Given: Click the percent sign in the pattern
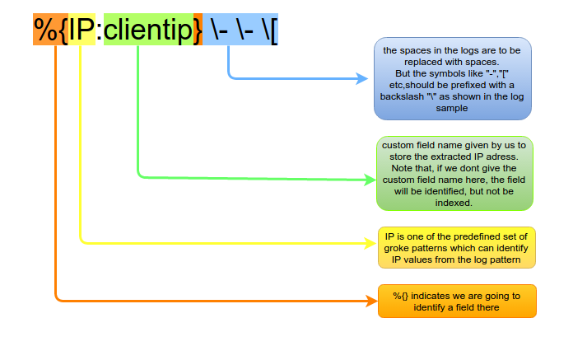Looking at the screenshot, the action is [x=45, y=30].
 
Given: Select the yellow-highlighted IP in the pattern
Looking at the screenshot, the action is [x=82, y=29].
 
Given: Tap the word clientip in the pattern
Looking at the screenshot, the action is [x=148, y=29].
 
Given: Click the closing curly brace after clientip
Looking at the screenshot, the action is [x=198, y=30].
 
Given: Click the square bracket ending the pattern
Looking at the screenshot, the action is [x=274, y=30].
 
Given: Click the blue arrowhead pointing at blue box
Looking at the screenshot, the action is [x=361, y=78].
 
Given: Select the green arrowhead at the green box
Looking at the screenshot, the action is [x=370, y=180].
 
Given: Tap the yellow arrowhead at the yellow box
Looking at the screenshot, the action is [x=370, y=243].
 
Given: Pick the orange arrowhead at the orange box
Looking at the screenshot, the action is [x=371, y=302].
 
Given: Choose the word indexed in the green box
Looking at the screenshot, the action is [x=454, y=203].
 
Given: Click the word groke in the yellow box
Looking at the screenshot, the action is [x=396, y=249].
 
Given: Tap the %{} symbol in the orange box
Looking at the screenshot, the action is [x=400, y=296].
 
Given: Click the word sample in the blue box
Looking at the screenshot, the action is [x=452, y=109].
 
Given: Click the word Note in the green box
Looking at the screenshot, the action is [x=401, y=169].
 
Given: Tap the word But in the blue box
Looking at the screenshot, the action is [x=403, y=73].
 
